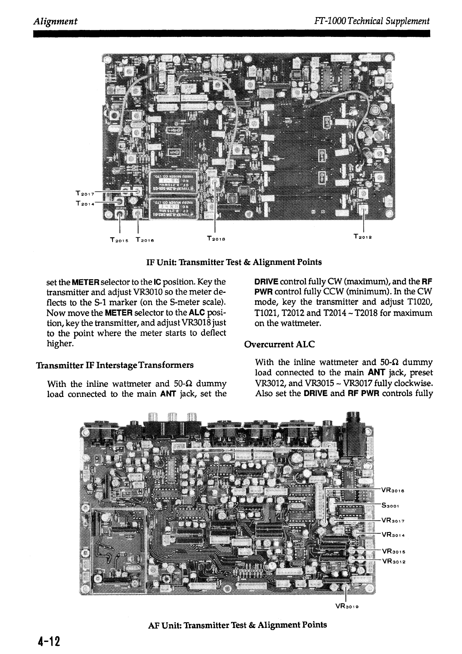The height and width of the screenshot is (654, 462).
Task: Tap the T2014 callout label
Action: (x=83, y=202)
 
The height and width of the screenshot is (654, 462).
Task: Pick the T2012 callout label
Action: (x=363, y=236)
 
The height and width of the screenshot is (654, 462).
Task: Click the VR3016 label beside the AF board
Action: (x=394, y=490)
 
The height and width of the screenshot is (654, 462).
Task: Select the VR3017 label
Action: (x=394, y=520)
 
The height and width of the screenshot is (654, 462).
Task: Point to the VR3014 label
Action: (x=394, y=534)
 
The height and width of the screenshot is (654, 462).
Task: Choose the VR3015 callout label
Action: (x=394, y=551)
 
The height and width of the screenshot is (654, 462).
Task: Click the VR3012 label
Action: (x=394, y=560)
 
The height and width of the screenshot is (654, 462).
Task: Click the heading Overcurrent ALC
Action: (x=279, y=344)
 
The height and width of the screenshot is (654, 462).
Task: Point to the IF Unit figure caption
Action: (x=234, y=262)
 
